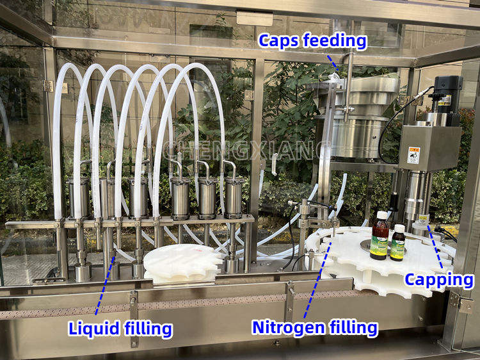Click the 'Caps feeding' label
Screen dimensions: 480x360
pyautogui.click(x=312, y=41)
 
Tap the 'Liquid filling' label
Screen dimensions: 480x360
pyautogui.click(x=120, y=329)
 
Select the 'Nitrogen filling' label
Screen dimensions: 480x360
pyautogui.click(x=314, y=327)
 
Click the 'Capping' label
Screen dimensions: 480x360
pyautogui.click(x=439, y=280)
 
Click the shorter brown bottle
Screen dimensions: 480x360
pyautogui.click(x=398, y=243)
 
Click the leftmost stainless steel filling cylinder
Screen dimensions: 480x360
pyautogui.click(x=79, y=197)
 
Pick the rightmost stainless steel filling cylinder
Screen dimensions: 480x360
pyautogui.click(x=234, y=197)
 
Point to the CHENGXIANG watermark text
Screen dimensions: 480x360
pyautogui.click(x=246, y=151)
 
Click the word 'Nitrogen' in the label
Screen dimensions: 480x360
pyautogui.click(x=287, y=327)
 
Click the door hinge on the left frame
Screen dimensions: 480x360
pyautogui.click(x=48, y=86)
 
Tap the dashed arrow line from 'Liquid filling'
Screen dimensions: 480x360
pyautogui.click(x=106, y=282)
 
